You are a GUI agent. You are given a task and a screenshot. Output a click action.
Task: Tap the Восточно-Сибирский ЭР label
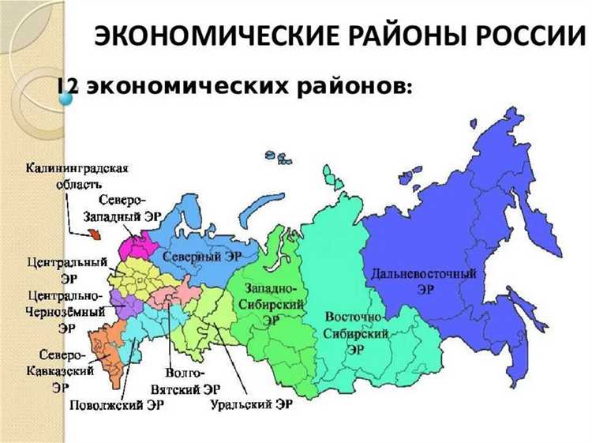point(356,332)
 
